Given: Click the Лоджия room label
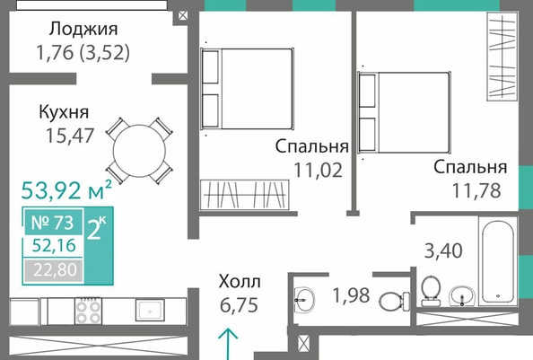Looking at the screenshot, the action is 83,30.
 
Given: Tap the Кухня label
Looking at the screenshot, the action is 64,112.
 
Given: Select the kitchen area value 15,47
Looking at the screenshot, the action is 70,136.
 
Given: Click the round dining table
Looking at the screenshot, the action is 139,151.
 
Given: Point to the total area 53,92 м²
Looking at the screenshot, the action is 66,189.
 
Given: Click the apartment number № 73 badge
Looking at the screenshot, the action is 53,223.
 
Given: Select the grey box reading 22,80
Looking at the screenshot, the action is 54,270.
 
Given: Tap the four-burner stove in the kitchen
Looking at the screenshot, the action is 88,311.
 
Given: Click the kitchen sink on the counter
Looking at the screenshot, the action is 150,310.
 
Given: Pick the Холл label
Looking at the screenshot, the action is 240,282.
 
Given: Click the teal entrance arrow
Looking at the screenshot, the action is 228,344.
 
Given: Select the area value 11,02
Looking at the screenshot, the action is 318,170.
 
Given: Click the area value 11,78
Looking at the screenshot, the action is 476,190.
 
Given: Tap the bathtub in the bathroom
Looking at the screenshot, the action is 498,261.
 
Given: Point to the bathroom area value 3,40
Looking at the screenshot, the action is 443,250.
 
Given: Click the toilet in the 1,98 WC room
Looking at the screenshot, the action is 394,301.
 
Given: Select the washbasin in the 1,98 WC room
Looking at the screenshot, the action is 304,300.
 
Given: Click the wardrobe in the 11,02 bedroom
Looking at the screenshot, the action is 244,195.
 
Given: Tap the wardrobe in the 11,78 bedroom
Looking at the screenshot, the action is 502,57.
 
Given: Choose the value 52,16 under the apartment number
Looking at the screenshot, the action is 54,245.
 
